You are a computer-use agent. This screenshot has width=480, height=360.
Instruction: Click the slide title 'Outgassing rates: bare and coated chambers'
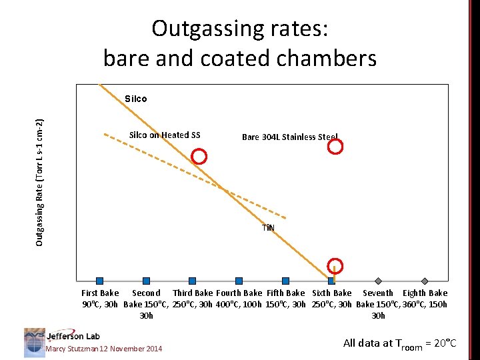pyautogui.click(x=240, y=43)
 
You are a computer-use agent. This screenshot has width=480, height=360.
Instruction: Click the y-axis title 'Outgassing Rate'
pyautogui.click(x=40, y=182)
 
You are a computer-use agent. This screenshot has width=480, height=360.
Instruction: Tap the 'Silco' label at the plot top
pyautogui.click(x=135, y=99)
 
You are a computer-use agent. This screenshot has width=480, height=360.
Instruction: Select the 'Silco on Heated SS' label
pyautogui.click(x=164, y=135)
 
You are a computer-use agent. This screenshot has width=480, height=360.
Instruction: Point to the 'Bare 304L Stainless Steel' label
pyautogui.click(x=289, y=137)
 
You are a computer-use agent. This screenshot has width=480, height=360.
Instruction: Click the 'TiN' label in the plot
pyautogui.click(x=268, y=227)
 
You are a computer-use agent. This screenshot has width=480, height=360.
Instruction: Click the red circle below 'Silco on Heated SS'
pyautogui.click(x=199, y=157)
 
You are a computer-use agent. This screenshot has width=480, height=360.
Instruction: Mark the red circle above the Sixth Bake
pyautogui.click(x=336, y=266)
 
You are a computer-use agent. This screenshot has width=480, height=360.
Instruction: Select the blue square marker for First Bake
pyautogui.click(x=99, y=281)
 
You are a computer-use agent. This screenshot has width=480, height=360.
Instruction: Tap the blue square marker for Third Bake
pyautogui.click(x=192, y=281)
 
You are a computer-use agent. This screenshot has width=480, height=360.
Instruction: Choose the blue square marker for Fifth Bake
pyautogui.click(x=285, y=281)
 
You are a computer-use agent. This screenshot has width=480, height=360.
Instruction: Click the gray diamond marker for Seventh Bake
pyautogui.click(x=378, y=281)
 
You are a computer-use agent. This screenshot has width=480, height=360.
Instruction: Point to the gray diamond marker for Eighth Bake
pyautogui.click(x=425, y=281)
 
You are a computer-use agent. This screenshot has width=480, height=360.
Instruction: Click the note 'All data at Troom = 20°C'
pyautogui.click(x=399, y=344)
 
